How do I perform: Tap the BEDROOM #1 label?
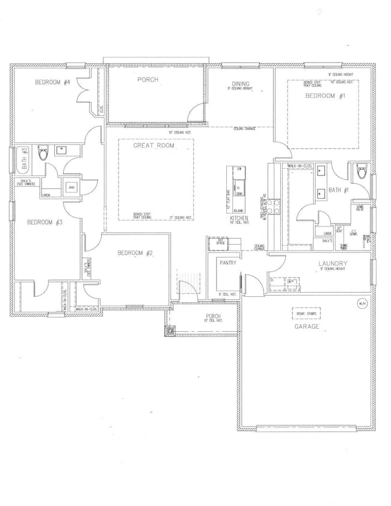pyautogui.click(x=321, y=96)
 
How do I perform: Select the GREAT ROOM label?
pyautogui.click(x=150, y=146)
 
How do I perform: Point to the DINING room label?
pyautogui.click(x=241, y=84)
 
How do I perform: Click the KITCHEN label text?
pyautogui.click(x=239, y=218)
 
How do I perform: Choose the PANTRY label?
pyautogui.click(x=228, y=263)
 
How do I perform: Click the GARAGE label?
pyautogui.click(x=306, y=327)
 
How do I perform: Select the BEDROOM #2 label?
pyautogui.click(x=135, y=253)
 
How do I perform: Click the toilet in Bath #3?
pyautogui.click(x=43, y=153)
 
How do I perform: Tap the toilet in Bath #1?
pyautogui.click(x=361, y=173)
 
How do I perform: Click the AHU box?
pyautogui.click(x=72, y=187)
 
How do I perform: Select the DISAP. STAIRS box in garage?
pyautogui.click(x=306, y=314)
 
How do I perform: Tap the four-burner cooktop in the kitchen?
pyautogui.click(x=276, y=206)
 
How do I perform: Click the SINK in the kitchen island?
pyautogui.click(x=239, y=186)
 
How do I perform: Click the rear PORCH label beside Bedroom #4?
pyautogui.click(x=147, y=79)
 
